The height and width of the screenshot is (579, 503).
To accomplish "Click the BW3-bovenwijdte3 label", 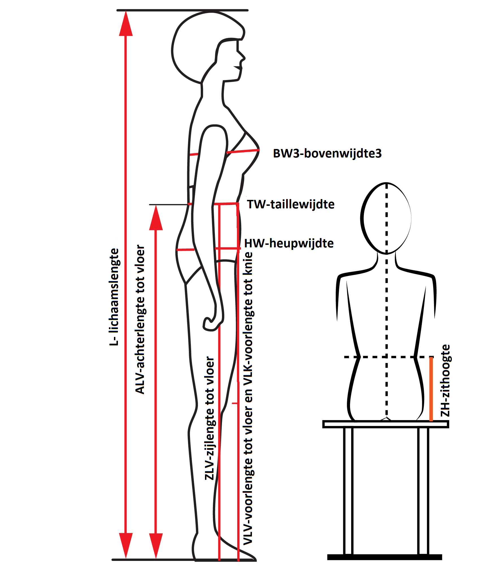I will point(327,154).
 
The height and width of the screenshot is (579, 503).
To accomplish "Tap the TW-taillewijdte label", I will point(291,204).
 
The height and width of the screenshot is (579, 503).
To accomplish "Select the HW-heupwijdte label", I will point(289,243).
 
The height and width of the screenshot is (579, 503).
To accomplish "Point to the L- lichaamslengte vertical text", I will point(115,297).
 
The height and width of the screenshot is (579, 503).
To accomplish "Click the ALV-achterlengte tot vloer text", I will point(140,319).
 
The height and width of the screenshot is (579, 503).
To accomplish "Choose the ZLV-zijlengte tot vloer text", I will point(210,418).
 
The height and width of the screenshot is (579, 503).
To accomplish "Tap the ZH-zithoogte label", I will point(445,380).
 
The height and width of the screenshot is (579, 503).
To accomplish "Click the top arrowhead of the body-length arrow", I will point(126,24).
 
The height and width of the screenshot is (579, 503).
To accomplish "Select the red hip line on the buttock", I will point(185,250).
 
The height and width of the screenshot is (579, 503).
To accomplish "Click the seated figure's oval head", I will point(386,218).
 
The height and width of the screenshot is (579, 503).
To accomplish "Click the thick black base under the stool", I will point(385,557).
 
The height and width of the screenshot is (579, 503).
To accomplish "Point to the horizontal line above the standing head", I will point(182,10).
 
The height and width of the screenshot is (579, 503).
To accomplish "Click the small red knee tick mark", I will point(235,403).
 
